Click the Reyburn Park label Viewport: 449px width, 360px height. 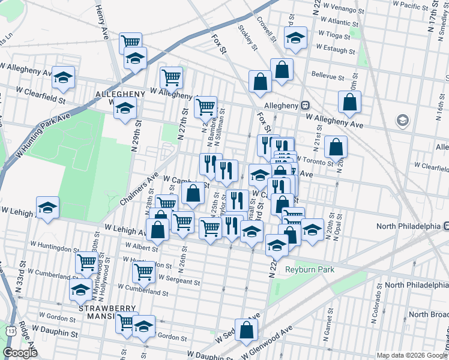(309, 270)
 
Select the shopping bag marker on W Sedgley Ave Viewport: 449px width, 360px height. (246, 329)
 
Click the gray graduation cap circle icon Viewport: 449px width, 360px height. (402, 121)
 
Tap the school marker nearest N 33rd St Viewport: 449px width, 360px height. (48, 208)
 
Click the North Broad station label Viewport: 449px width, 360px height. (427, 314)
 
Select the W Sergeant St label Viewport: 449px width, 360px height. (179, 281)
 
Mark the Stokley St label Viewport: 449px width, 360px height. (247, 37)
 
